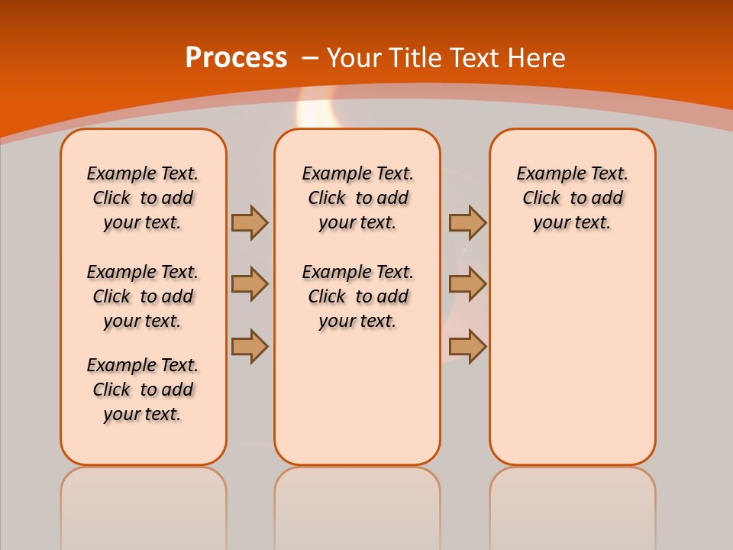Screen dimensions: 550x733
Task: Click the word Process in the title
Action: point(236,58)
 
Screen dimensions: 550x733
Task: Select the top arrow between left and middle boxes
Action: point(249,222)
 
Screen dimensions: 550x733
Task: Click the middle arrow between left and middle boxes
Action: point(249,284)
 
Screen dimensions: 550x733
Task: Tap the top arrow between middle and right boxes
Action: point(467,222)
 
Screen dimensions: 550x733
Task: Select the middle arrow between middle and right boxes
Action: point(467,284)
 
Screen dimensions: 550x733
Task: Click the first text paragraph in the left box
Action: point(143,198)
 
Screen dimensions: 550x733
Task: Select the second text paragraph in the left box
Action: point(143,296)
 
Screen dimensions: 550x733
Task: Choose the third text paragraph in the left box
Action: point(143,390)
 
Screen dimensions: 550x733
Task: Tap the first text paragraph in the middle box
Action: point(357,198)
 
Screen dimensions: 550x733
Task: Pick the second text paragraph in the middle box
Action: point(357,296)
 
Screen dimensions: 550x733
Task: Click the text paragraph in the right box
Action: point(572,198)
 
